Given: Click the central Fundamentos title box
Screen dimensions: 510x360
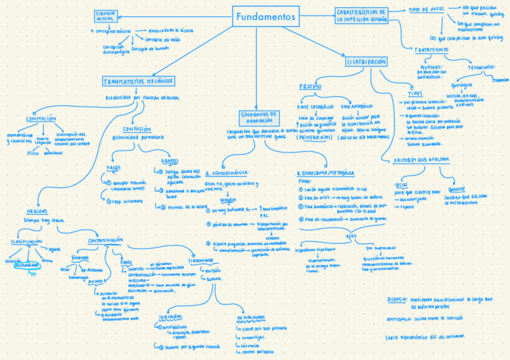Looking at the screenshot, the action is pos(266,17).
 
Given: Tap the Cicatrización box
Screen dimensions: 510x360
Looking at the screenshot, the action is pos(366,62).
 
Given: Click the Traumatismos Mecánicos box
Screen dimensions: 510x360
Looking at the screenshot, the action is pos(138,81).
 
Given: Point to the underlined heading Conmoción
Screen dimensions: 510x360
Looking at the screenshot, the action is pos(41,118).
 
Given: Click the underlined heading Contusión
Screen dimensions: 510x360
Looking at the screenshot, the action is pos(137,129).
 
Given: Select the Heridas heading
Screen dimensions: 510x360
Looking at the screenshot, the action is pos(37,212).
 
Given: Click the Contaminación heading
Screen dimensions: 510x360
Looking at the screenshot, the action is pos(106,240).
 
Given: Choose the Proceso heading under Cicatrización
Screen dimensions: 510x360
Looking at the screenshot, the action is pos(310,87).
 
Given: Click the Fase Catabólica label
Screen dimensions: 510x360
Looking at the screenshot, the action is pos(315,106).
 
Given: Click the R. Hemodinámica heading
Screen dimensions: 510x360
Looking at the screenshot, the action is pos(226,172).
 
